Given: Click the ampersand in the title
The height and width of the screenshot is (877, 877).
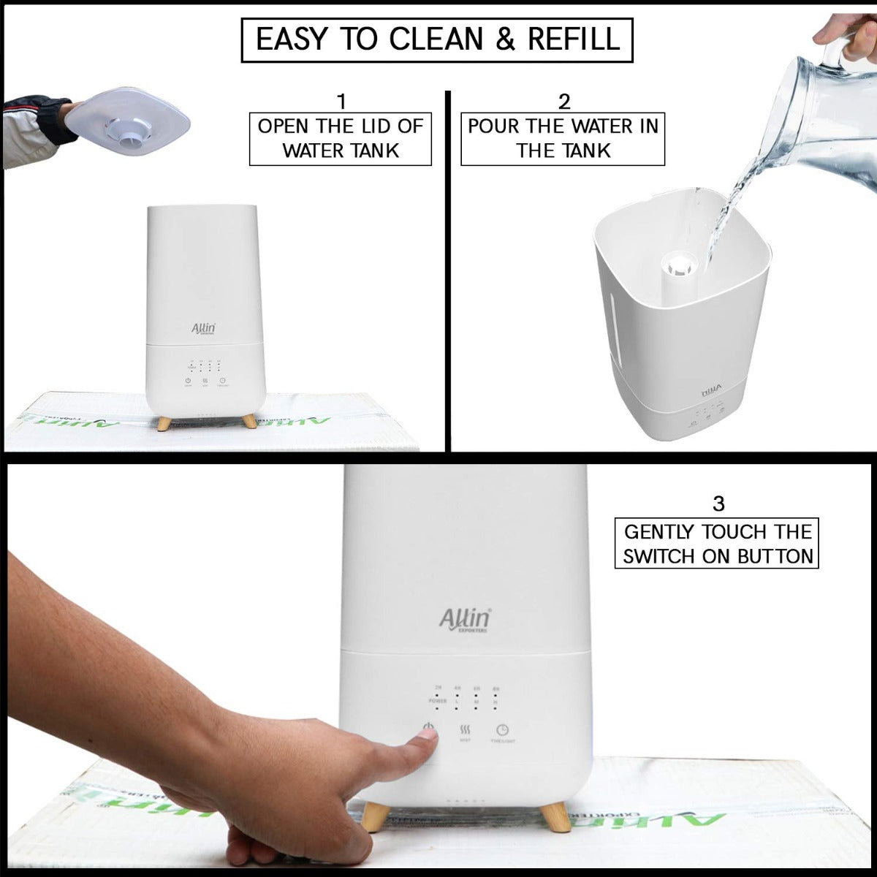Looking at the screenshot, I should click(505, 39).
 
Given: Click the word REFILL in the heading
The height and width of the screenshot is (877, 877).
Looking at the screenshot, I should click(574, 39).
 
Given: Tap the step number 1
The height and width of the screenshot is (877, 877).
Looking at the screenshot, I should click(341, 102).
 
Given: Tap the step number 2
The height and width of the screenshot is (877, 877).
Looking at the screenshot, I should click(563, 102).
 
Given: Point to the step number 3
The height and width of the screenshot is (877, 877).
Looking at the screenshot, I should click(718, 504).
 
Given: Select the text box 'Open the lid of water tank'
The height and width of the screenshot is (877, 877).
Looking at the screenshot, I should click(341, 138).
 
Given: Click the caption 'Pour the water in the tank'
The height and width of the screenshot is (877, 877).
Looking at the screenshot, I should click(563, 138).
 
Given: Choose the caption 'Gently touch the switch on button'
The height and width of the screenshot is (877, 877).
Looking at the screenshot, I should click(717, 544).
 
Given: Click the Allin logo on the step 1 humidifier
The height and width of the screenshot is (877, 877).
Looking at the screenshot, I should click(204, 328).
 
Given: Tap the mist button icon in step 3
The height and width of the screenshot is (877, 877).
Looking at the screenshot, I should click(465, 730).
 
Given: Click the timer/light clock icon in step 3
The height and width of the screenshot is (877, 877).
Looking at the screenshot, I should click(503, 729).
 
